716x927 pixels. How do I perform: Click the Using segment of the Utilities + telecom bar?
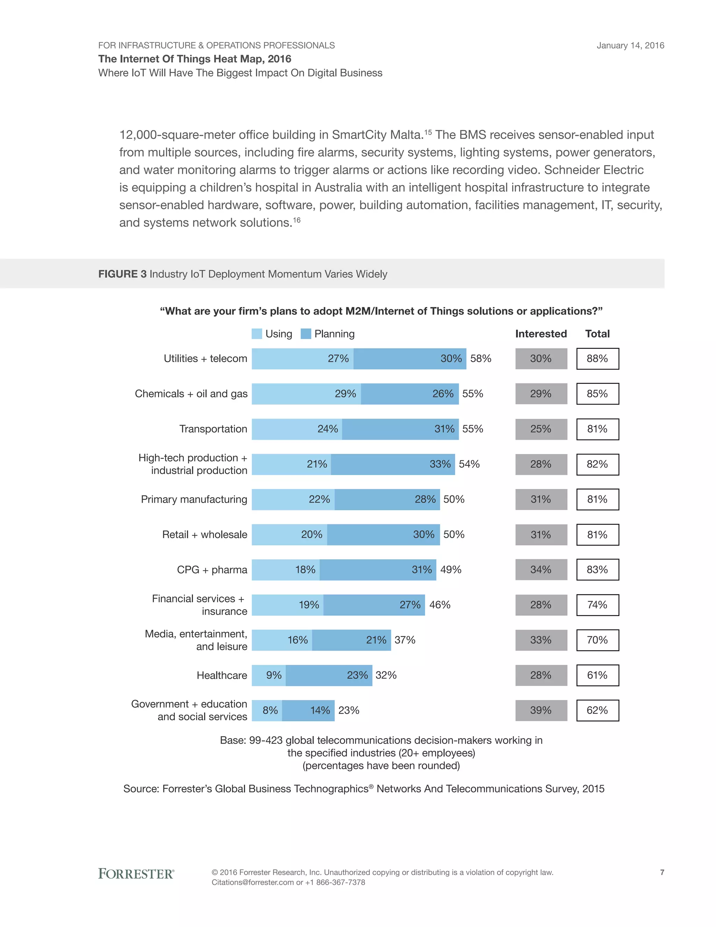302,359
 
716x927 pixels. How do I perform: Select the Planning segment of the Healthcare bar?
329,675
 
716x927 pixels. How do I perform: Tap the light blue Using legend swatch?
257,334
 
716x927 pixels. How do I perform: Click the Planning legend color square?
306,334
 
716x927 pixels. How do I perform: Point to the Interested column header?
541,334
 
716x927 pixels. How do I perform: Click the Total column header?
597,334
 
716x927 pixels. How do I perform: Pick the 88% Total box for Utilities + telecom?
597,359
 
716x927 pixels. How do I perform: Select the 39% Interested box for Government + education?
541,710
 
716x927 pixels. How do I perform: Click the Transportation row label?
213,429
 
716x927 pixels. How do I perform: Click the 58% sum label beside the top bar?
481,359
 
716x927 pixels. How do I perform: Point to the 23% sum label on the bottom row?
349,710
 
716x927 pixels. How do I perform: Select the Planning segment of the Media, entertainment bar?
351,640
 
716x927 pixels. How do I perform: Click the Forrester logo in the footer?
136,873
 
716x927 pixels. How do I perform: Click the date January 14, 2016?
630,45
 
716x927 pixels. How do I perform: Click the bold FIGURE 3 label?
122,274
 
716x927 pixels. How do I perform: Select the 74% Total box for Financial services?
597,605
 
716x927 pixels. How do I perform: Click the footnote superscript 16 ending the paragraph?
296,220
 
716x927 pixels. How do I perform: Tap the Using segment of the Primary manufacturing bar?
293,499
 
